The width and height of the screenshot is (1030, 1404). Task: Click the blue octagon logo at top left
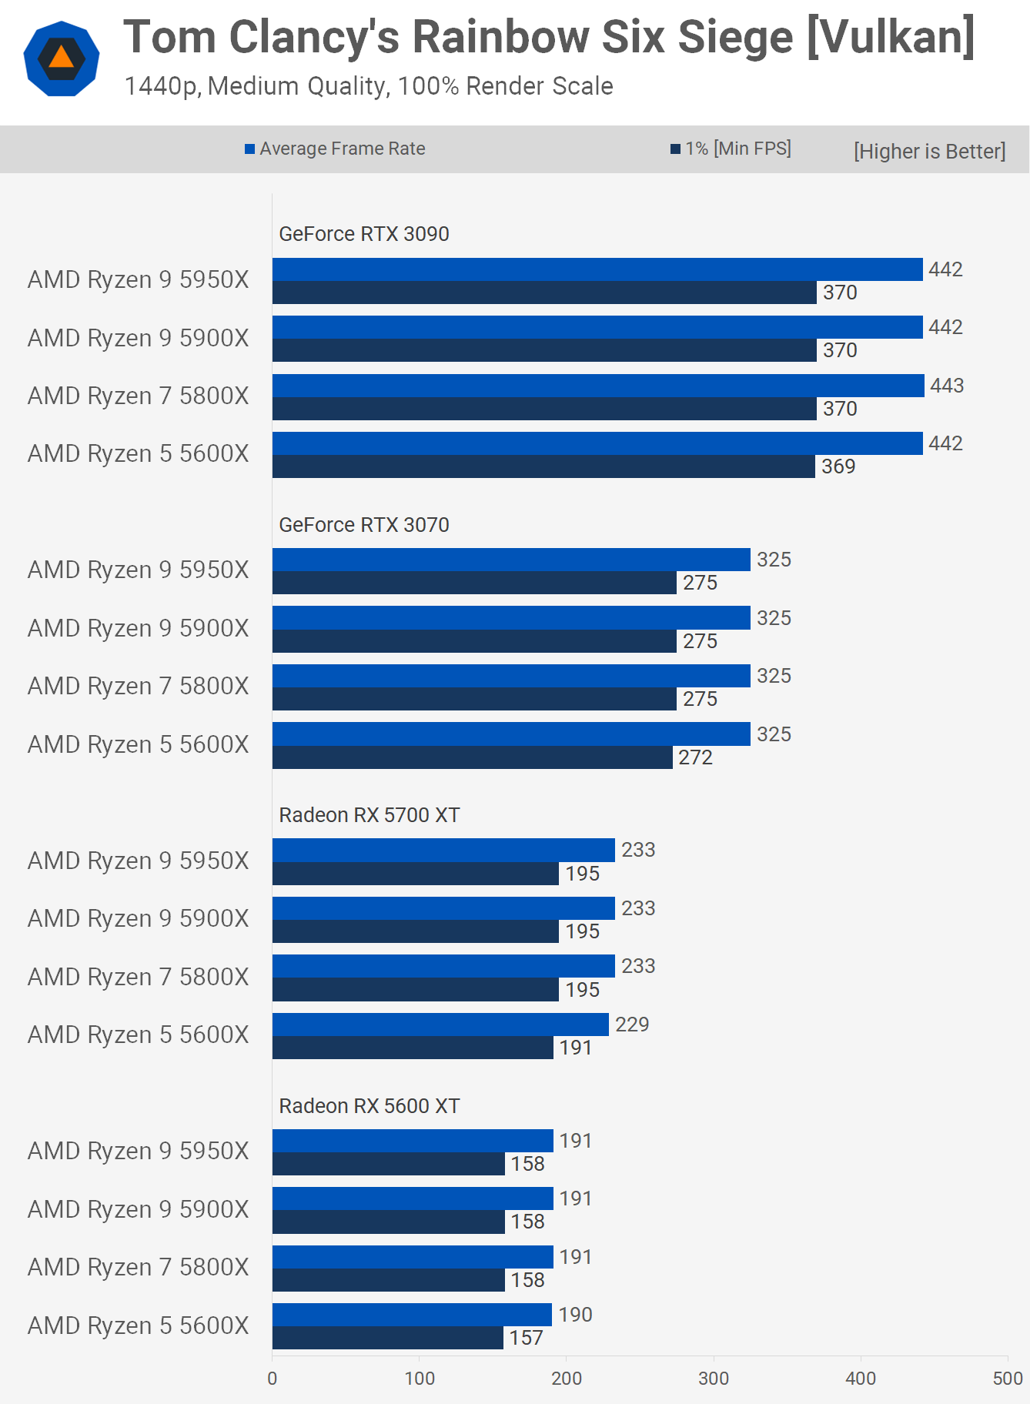click(x=62, y=58)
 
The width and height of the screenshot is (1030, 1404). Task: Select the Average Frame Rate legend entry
click(x=335, y=149)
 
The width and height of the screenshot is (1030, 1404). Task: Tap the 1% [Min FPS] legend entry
click(x=731, y=149)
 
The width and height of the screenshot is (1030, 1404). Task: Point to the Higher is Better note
click(x=929, y=151)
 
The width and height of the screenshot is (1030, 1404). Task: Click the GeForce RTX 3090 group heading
click(x=363, y=234)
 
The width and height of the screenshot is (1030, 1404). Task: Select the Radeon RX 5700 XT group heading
click(x=369, y=815)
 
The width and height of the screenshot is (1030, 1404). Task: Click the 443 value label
click(x=946, y=386)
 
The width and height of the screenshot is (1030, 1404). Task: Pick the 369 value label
click(x=838, y=466)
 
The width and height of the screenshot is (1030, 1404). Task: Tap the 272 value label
click(x=695, y=757)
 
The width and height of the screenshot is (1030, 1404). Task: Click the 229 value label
click(x=632, y=1025)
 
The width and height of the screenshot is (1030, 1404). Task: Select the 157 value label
click(x=526, y=1338)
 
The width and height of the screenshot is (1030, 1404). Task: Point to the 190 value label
click(x=575, y=1315)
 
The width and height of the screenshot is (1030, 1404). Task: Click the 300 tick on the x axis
click(x=714, y=1379)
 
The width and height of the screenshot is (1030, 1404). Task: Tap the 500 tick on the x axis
click(x=1008, y=1379)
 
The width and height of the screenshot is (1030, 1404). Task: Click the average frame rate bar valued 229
click(x=440, y=1025)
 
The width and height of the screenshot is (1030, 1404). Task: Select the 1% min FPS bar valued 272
click(x=472, y=757)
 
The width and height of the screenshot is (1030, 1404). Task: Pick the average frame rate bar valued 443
click(x=598, y=386)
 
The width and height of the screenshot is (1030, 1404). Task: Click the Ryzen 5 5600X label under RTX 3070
click(x=139, y=744)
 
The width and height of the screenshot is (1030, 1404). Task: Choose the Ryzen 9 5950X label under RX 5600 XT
click(x=139, y=1151)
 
